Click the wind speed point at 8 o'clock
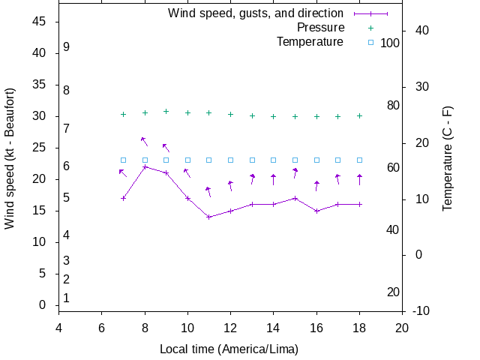coord(145,166)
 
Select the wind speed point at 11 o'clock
coord(209,217)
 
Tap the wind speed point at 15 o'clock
coord(295,198)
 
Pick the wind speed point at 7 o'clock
coord(123,198)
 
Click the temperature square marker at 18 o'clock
coord(360,160)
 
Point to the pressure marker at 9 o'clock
coord(166,111)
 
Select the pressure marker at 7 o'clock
coord(123,114)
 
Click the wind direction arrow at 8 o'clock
coord(144,141)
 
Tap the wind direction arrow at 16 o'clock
coord(316,185)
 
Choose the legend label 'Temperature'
coord(310,42)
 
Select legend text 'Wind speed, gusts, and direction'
coord(256,13)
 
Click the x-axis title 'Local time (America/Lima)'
coord(229,349)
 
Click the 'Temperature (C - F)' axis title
coord(448,157)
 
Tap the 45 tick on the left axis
coord(40,22)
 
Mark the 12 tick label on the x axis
coord(230,327)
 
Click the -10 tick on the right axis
coord(421,310)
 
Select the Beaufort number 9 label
coord(67,47)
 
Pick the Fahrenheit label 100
coord(390,43)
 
